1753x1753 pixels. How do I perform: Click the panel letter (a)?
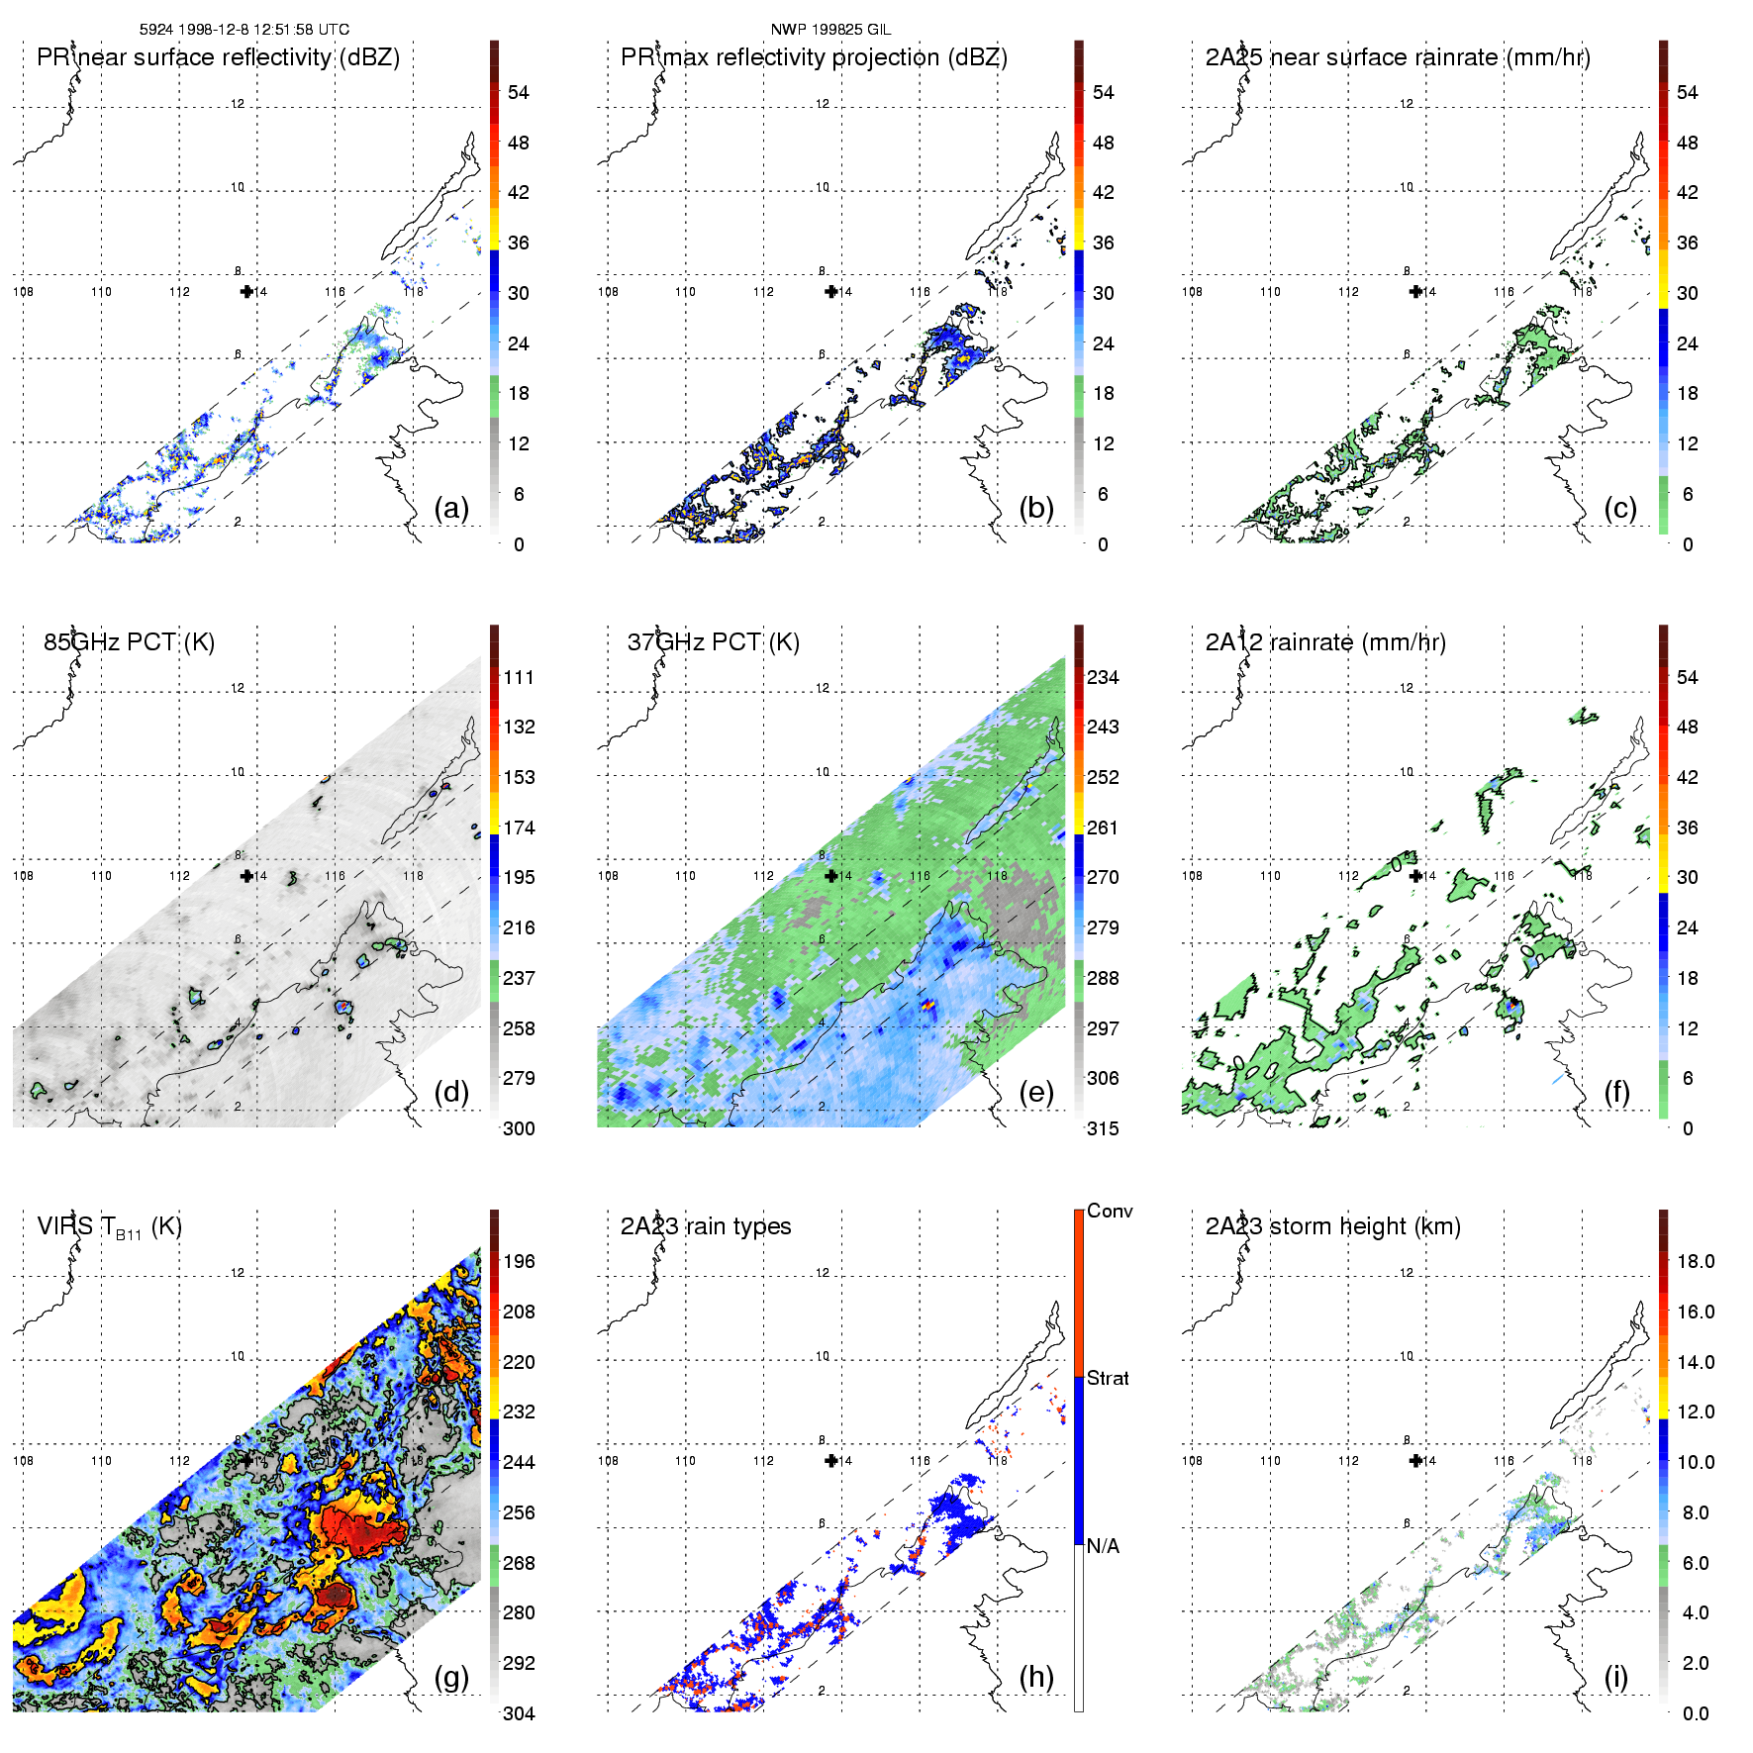(451, 509)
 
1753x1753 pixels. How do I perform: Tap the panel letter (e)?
(1035, 1093)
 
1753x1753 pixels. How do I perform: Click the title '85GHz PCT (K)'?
(129, 642)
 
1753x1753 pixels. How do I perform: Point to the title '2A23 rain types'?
(706, 1226)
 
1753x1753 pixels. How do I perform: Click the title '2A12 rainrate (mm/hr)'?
(1325, 642)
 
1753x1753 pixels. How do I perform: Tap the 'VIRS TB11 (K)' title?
(109, 1227)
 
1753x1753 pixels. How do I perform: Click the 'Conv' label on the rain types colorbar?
(1110, 1211)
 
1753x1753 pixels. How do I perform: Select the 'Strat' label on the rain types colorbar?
(1108, 1378)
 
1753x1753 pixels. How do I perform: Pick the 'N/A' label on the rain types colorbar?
(1103, 1546)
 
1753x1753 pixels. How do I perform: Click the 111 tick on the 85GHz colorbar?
(519, 677)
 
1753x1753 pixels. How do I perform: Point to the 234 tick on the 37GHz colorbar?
(1103, 677)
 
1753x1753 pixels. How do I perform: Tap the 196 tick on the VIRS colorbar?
(519, 1261)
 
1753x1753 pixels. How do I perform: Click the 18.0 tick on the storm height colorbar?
(1696, 1261)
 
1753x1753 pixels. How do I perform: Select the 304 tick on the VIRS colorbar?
(519, 1713)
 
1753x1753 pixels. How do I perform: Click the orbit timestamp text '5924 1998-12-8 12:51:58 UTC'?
(244, 30)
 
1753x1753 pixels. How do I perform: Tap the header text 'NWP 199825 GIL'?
(830, 30)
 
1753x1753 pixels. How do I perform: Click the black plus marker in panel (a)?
(246, 291)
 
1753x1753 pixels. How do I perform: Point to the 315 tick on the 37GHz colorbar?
(1103, 1129)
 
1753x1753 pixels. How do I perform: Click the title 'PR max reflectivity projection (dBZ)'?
(814, 57)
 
